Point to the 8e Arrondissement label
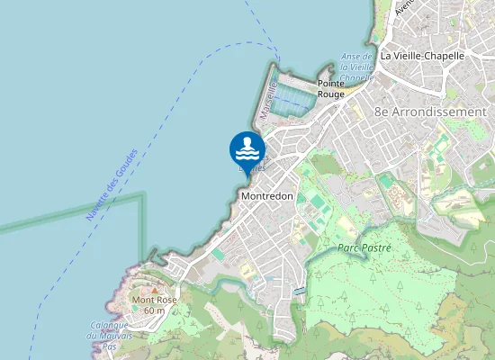tap(430, 112)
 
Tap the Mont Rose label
tap(154, 300)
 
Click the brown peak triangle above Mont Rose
tap(154, 289)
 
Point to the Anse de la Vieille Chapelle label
tap(356, 67)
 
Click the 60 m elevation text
tap(154, 310)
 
